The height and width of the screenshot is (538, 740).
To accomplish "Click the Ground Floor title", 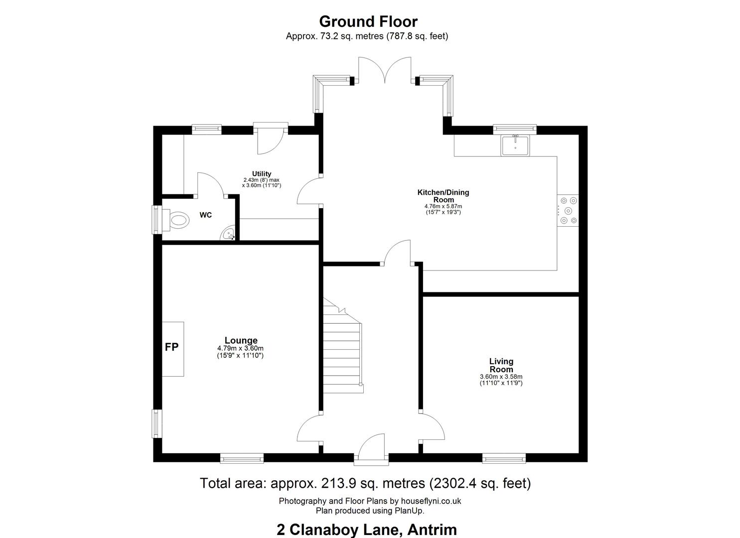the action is (x=368, y=22).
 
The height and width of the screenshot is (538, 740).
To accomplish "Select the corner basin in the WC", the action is (x=228, y=233).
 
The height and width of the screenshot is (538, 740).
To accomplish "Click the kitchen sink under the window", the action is (x=515, y=145).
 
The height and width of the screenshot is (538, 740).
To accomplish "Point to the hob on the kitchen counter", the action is (x=568, y=210).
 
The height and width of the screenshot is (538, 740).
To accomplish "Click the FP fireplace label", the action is (x=171, y=347).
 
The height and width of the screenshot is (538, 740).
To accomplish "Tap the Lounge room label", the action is (x=241, y=340).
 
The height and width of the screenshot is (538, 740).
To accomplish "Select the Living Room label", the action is (x=501, y=365).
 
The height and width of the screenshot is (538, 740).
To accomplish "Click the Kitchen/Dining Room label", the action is (x=444, y=196).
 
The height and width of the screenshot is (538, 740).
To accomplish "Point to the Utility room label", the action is (x=262, y=174).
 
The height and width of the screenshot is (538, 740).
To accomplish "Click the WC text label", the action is (x=205, y=215).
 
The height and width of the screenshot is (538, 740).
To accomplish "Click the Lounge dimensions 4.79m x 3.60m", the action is (x=240, y=348).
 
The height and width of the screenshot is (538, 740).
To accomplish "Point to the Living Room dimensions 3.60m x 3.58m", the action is (x=501, y=377).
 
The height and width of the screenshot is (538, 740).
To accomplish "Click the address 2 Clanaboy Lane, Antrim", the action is (x=367, y=530).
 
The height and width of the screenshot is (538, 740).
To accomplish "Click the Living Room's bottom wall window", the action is (x=504, y=458).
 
